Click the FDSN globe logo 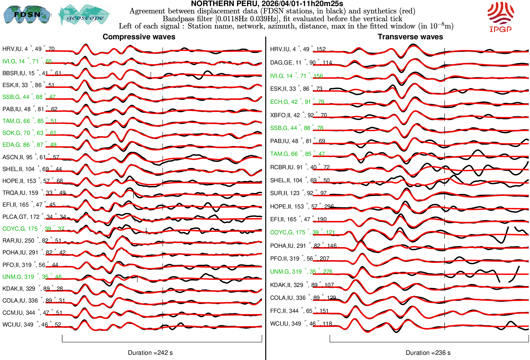(27, 14)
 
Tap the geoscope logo (84, 15)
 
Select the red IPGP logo (500, 17)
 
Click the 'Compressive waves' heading (139, 37)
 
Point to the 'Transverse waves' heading (410, 37)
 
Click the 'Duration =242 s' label (150, 353)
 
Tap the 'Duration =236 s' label (428, 353)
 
